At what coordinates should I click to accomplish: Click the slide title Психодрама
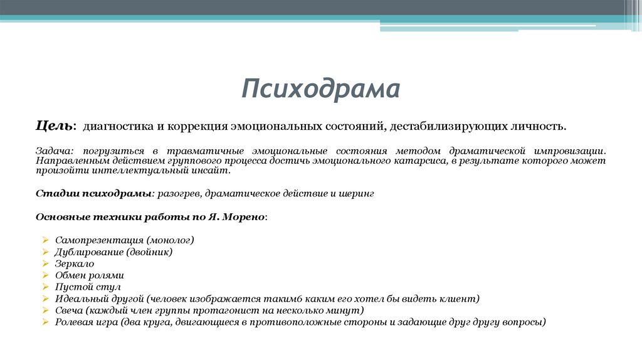coord(320,89)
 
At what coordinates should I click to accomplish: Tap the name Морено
coord(245,216)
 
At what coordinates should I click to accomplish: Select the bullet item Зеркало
coord(74,263)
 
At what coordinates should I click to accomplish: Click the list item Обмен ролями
coord(89,275)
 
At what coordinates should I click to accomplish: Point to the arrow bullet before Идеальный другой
coord(46,299)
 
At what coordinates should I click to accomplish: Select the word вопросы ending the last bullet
coord(525,322)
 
